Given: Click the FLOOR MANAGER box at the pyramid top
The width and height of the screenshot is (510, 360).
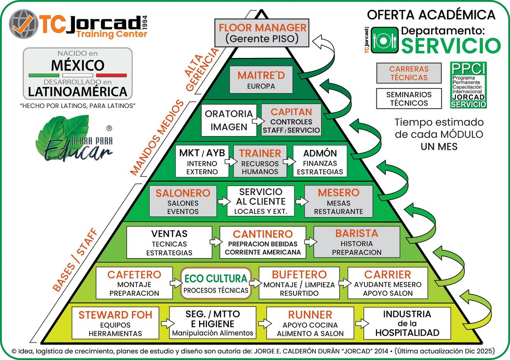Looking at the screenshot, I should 262,33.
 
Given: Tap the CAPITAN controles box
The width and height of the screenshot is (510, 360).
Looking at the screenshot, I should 291,120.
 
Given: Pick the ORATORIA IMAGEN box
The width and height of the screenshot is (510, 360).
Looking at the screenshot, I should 229,120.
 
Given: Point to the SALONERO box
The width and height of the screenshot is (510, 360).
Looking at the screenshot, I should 183,201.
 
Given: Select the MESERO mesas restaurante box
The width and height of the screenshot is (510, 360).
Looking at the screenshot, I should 338,201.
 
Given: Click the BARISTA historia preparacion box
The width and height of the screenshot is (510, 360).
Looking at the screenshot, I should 357,242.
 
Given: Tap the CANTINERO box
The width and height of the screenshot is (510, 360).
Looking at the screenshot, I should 263,242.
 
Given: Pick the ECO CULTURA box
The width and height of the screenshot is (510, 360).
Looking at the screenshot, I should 216,283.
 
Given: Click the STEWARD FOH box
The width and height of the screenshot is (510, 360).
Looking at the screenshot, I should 115,323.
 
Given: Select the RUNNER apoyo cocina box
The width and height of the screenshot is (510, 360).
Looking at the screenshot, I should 310,323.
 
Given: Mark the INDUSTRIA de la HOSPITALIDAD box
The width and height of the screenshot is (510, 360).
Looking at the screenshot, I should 407,323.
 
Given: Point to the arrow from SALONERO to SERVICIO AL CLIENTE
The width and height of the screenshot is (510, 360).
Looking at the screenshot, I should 222,202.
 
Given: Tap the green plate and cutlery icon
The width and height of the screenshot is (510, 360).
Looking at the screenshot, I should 384,40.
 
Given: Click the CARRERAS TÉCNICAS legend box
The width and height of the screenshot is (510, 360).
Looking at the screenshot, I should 409,73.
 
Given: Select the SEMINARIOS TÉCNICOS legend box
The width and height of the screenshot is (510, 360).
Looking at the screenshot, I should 409,99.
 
